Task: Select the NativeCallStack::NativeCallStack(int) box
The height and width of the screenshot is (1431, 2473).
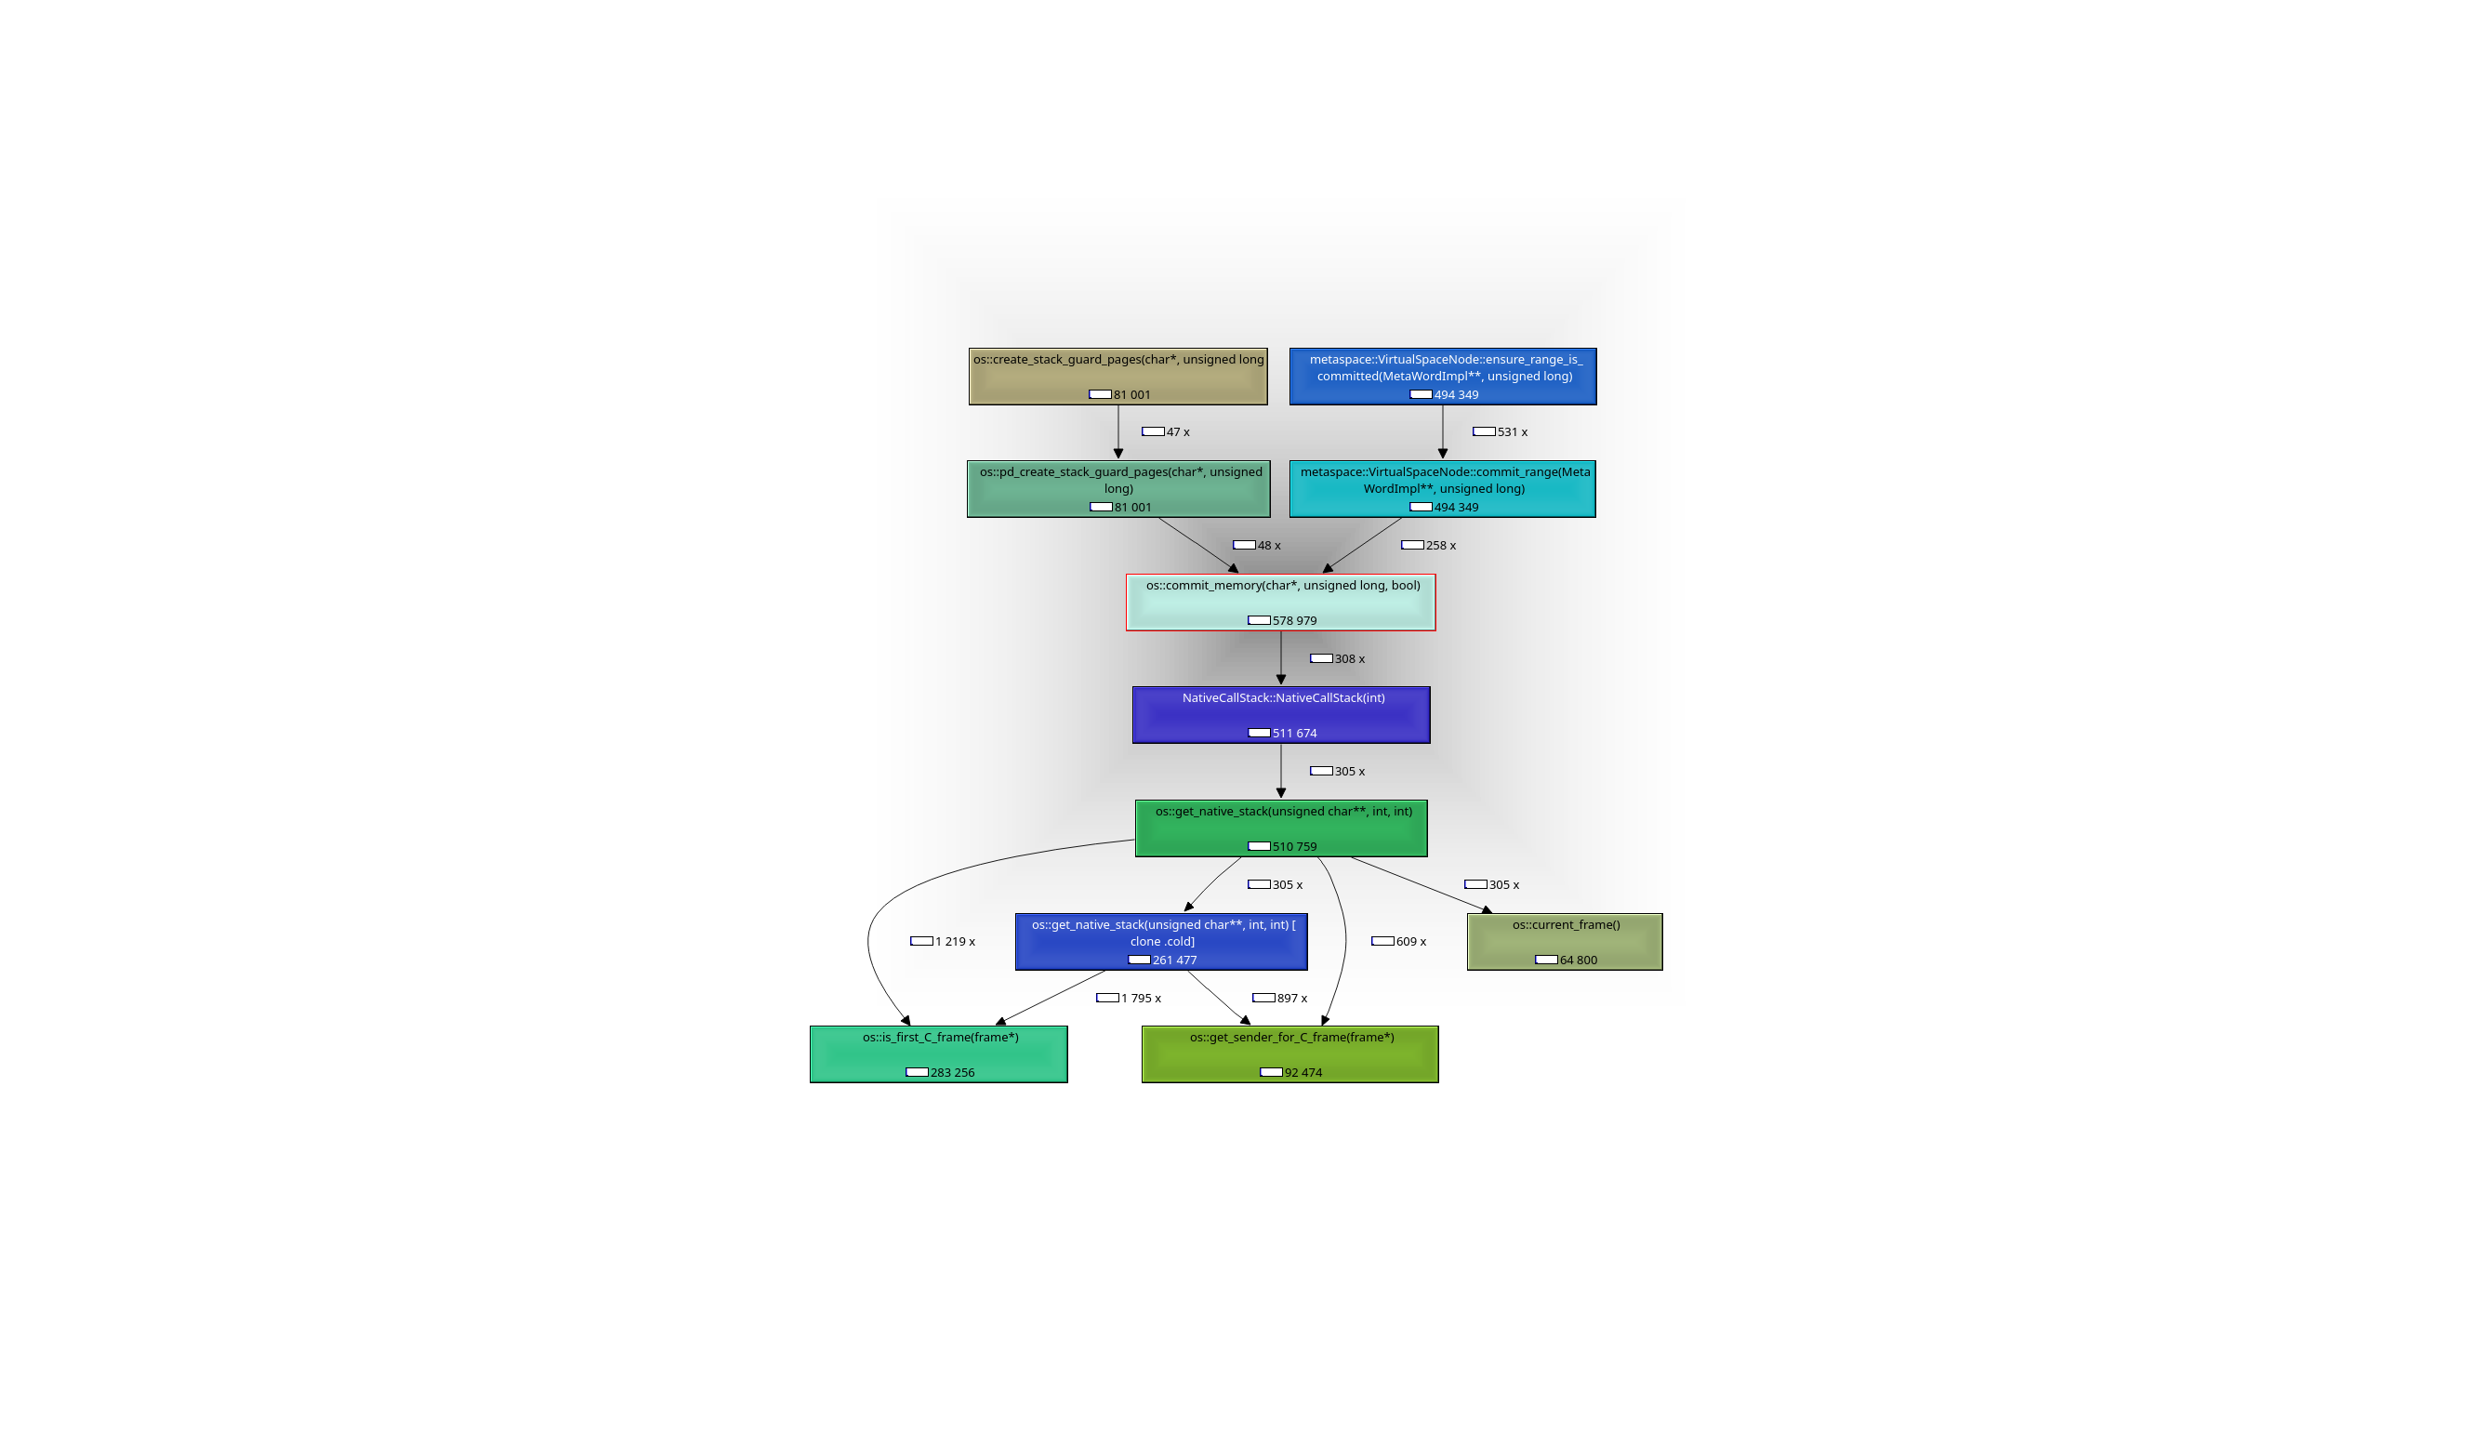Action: point(1281,714)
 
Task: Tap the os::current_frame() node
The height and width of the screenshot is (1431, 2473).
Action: point(1565,941)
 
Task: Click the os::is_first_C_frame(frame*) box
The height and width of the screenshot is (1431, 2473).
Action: point(938,1054)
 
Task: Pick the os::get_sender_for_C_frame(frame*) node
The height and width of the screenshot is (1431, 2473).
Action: point(1289,1054)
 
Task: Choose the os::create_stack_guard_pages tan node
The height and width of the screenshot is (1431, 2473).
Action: point(1117,376)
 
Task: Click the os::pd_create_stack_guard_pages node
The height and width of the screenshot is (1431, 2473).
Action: point(1117,489)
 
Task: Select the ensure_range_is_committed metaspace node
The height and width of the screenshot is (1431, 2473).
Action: point(1443,376)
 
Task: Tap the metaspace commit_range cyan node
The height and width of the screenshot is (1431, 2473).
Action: point(1443,489)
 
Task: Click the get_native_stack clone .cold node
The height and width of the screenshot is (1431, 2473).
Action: point(1161,941)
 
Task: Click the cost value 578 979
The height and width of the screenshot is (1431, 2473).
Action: point(1294,620)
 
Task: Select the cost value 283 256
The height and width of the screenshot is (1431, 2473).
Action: point(952,1073)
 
